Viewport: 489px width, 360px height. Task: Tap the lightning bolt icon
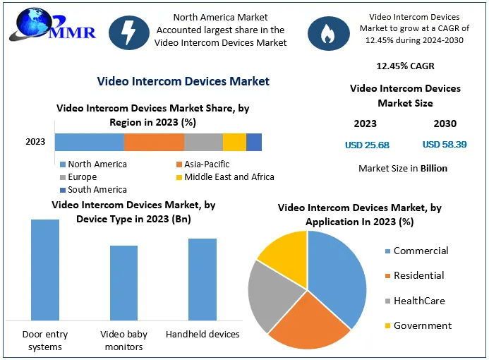point(129,32)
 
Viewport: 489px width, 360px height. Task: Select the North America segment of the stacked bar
point(89,142)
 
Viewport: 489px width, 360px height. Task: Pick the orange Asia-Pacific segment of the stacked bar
point(154,142)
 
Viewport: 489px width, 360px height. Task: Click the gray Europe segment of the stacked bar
point(203,142)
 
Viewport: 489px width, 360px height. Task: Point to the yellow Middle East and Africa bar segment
point(234,142)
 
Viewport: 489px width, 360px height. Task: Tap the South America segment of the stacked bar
point(254,142)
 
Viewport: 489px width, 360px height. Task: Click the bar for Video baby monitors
point(123,282)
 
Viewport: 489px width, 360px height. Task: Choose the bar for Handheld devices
point(203,279)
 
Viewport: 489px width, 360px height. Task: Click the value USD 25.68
point(367,145)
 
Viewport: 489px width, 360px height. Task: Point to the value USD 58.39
point(445,145)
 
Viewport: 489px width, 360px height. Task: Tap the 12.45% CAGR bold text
point(405,66)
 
